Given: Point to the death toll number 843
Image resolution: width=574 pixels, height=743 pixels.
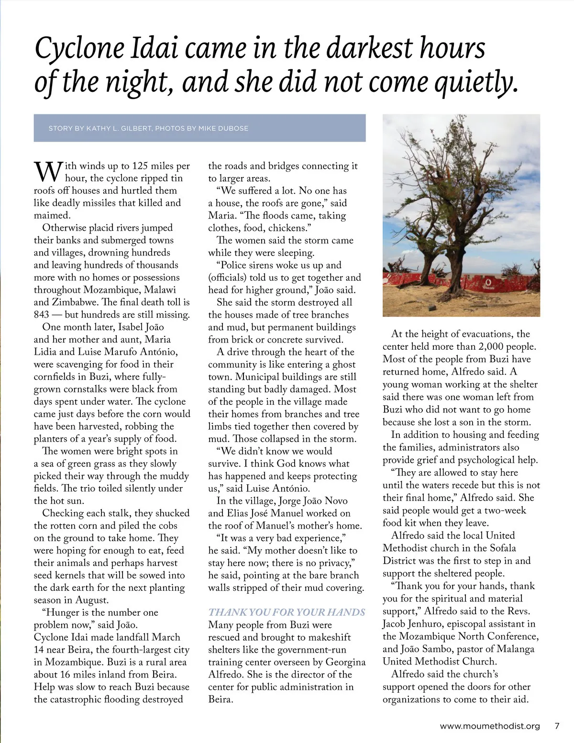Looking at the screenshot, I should (x=44, y=314).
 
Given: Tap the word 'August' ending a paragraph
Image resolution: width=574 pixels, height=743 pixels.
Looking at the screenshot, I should (x=94, y=600).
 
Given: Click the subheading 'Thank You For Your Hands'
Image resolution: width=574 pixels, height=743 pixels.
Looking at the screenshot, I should (x=287, y=612).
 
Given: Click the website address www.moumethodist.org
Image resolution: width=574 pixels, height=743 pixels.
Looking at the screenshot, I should (x=489, y=726).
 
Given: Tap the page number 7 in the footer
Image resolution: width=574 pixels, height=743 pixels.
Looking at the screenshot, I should (x=556, y=726).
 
